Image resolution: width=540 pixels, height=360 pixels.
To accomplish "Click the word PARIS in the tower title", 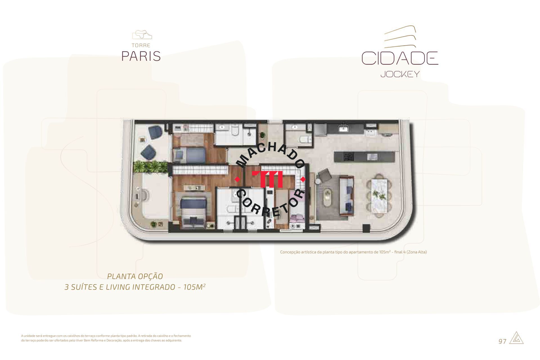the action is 141,56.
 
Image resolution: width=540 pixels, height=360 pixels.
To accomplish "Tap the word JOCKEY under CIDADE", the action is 400,74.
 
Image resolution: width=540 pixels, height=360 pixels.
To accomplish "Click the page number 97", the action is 502,341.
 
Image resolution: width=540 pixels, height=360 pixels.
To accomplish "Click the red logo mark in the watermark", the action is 267,179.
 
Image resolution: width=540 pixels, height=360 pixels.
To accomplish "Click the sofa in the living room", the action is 346,195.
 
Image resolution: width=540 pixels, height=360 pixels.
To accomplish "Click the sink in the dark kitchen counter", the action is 343,129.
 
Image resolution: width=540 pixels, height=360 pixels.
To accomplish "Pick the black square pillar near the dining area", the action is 366,228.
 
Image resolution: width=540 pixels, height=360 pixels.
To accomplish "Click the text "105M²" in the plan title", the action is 194,287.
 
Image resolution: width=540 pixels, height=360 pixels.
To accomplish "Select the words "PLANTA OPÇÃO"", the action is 135,276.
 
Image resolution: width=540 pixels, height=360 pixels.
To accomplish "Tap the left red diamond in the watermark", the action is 238,179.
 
